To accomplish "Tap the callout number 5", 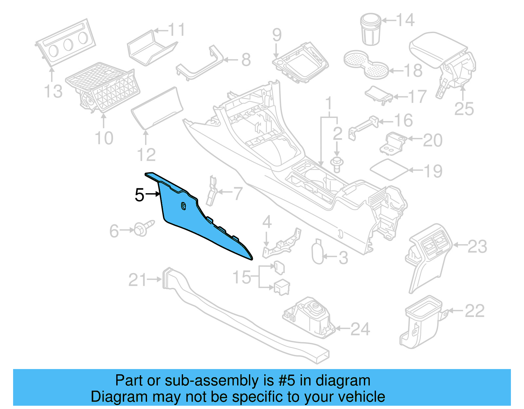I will [140, 195].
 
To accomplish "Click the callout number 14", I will [405, 20].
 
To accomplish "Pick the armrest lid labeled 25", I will [439, 49].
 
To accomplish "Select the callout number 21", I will [138, 280].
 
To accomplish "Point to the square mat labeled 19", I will [389, 169].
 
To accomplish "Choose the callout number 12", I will [146, 155].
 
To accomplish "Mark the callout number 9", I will [277, 35].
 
